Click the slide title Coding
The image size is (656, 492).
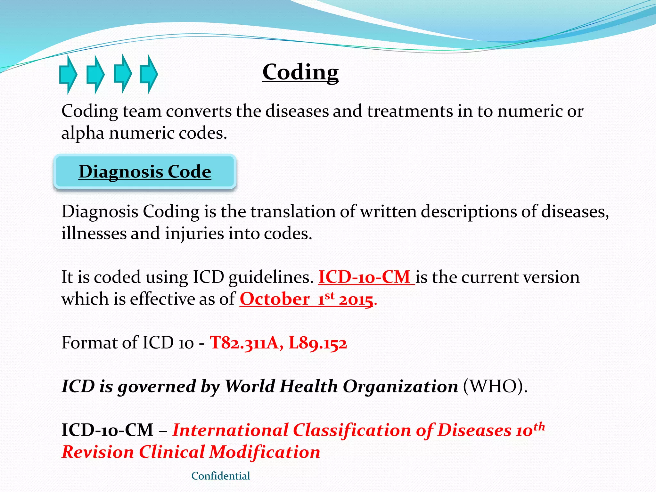point(300,72)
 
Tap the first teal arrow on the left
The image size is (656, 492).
point(68,74)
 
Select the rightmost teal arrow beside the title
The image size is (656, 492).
point(149,74)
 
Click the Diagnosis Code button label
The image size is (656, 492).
point(145,172)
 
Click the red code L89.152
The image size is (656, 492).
point(317,343)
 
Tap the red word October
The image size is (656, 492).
point(275,299)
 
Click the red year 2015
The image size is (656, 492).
point(356,300)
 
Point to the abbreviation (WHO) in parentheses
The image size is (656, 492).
point(495,386)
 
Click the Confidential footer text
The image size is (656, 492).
point(220,476)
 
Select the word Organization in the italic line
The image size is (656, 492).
point(400,386)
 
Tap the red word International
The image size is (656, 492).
point(230,430)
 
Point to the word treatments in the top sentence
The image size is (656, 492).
point(410,111)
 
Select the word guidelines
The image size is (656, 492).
point(271,277)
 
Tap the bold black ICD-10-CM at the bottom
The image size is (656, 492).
point(107,430)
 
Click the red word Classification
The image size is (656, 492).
point(352,430)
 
